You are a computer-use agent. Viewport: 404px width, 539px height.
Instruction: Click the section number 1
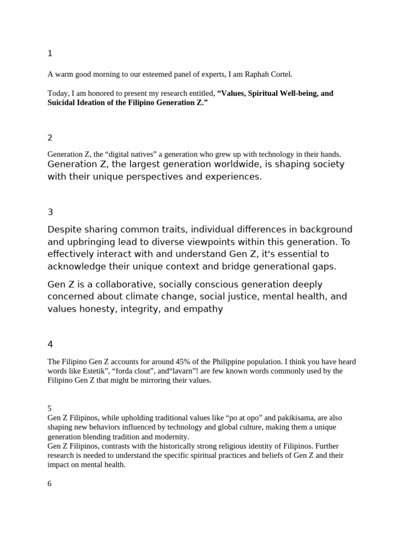[x=50, y=53]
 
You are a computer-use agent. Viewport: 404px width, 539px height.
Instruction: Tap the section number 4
[x=50, y=344]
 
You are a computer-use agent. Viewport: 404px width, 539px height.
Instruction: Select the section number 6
[x=50, y=483]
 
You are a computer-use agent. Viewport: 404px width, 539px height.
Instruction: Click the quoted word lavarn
[x=177, y=371]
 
